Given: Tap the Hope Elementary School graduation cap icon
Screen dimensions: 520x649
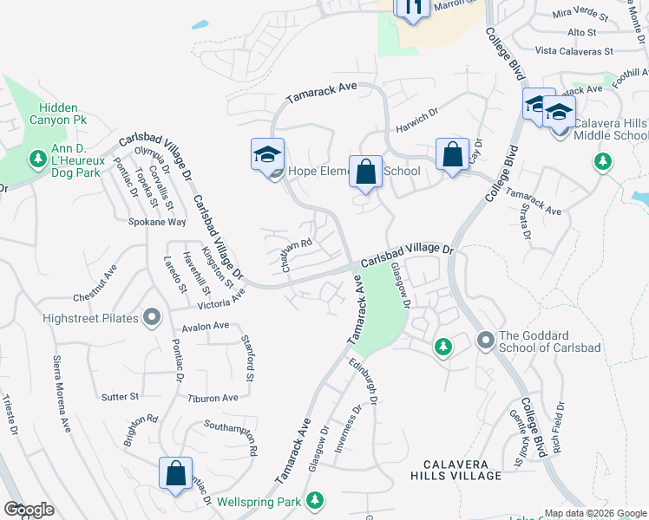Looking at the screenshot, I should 267,156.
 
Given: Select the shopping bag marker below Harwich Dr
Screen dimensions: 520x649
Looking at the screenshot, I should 452,156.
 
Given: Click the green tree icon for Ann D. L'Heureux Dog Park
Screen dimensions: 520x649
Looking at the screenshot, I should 37,159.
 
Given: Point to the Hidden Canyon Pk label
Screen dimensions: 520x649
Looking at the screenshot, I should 58,113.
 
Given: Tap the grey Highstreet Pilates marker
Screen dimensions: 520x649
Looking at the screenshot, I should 152,318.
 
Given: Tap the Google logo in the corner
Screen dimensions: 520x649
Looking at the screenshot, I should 29,509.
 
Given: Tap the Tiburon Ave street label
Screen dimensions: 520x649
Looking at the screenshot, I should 213,398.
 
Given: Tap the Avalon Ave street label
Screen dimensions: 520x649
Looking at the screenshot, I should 206,326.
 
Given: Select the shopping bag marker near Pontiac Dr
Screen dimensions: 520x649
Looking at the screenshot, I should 175,475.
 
